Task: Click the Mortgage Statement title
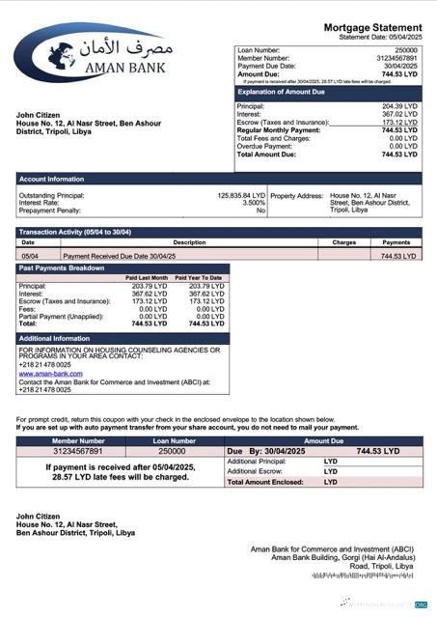click(371, 27)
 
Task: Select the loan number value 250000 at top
click(406, 49)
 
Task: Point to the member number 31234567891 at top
click(399, 58)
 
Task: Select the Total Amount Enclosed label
click(262, 481)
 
